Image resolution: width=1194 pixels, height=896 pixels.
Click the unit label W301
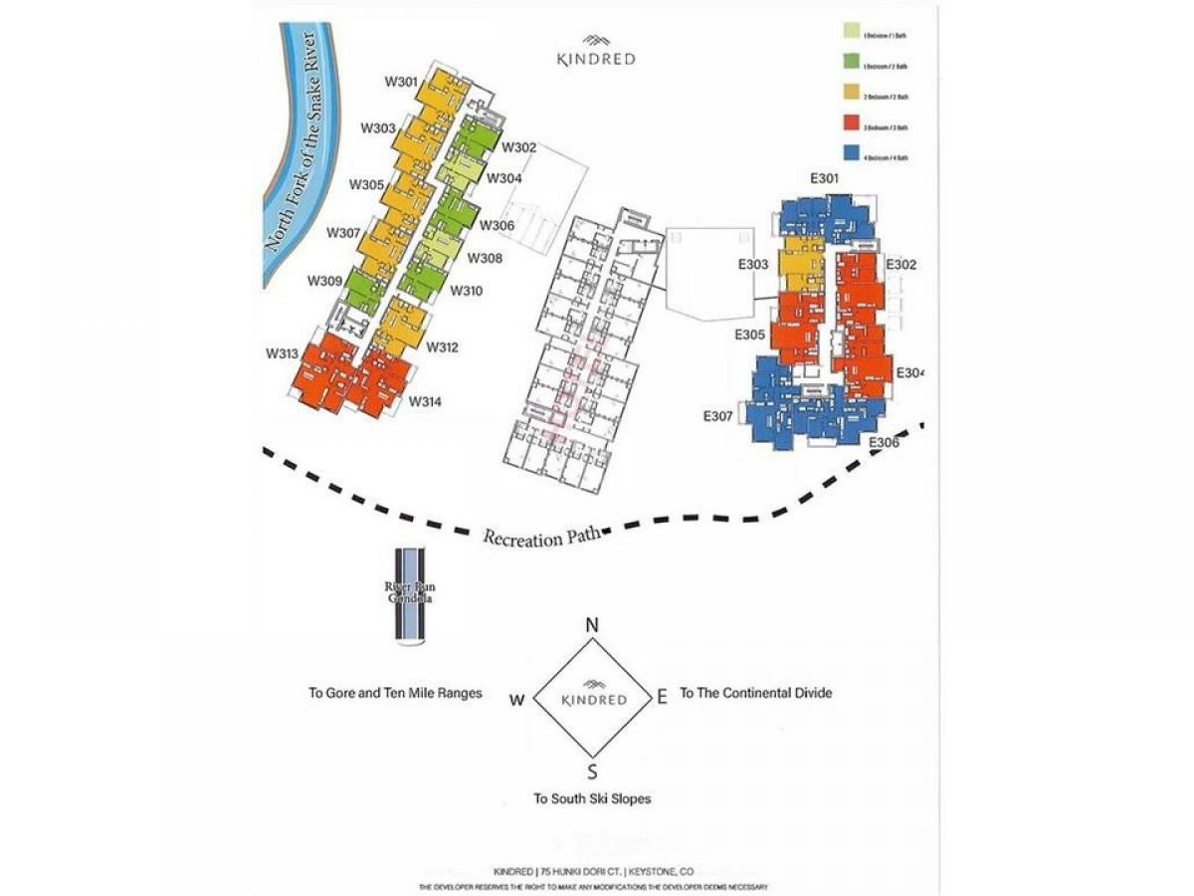(x=402, y=81)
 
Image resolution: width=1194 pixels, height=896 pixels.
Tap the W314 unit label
(x=425, y=402)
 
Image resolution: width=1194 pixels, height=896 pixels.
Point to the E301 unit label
(x=825, y=179)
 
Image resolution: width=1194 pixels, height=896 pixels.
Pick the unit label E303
(x=752, y=265)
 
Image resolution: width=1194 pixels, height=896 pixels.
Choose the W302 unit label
(x=519, y=147)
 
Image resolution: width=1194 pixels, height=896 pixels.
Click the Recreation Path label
(x=542, y=537)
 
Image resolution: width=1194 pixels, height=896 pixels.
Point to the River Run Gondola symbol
(x=408, y=594)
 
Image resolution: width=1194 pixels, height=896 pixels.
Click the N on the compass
(x=592, y=626)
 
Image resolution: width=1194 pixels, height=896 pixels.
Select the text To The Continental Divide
(x=755, y=693)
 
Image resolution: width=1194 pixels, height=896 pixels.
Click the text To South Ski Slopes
(x=592, y=798)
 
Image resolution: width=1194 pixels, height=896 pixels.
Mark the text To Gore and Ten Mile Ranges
(x=395, y=693)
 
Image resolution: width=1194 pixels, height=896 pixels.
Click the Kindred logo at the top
(x=595, y=52)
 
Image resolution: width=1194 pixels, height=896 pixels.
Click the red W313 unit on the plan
(x=324, y=373)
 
